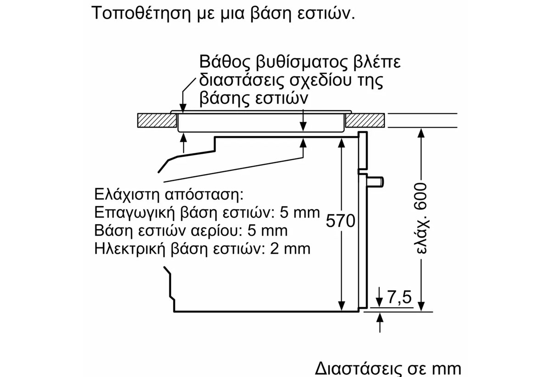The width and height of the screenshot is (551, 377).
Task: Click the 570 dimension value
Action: (x=340, y=221)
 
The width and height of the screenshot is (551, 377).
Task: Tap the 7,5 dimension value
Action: (x=399, y=297)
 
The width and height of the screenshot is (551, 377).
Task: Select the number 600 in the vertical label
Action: (x=421, y=197)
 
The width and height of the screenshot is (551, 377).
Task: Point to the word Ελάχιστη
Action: (x=128, y=195)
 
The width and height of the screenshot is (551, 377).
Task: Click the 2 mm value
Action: (x=290, y=249)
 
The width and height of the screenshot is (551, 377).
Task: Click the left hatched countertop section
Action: (x=157, y=120)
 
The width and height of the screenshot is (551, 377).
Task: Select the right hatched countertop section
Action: (x=365, y=120)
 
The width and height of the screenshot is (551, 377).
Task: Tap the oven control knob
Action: (x=375, y=182)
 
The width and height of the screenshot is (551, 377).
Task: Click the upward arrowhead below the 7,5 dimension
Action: (x=380, y=317)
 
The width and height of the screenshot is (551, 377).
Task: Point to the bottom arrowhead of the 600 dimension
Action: (x=422, y=307)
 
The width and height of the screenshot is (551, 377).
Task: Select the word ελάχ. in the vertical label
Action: (x=422, y=235)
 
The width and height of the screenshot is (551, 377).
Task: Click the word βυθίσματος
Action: (x=301, y=62)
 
